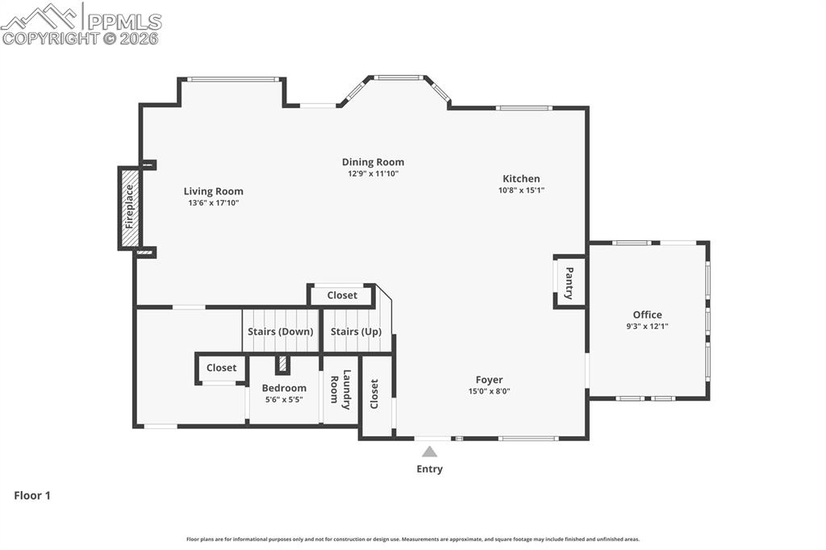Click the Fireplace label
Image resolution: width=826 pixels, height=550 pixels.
(x=129, y=206)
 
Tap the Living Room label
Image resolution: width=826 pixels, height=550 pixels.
(x=213, y=191)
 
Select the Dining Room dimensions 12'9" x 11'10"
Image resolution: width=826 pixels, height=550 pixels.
(x=373, y=173)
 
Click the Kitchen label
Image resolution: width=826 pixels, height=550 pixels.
(x=521, y=179)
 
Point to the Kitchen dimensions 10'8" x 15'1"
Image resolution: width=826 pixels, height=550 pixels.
(x=521, y=190)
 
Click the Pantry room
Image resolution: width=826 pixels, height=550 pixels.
(x=569, y=283)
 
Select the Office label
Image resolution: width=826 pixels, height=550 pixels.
(x=647, y=315)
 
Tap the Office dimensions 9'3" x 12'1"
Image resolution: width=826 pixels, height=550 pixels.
(x=647, y=327)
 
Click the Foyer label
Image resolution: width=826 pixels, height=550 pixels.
(x=489, y=380)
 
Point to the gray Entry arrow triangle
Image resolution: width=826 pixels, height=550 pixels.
(x=430, y=452)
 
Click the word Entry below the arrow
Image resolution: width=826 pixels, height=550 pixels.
(x=429, y=469)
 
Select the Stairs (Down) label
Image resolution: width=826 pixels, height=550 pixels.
(x=280, y=331)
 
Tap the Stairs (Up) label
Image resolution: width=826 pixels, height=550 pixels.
(x=356, y=331)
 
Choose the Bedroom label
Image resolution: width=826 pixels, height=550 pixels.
(x=284, y=388)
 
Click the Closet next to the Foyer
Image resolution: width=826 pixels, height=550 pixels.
(x=375, y=394)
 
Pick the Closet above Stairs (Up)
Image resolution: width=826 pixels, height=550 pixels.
(x=342, y=295)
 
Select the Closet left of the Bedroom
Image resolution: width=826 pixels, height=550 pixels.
(x=221, y=368)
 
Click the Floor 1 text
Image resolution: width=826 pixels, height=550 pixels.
(x=32, y=496)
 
